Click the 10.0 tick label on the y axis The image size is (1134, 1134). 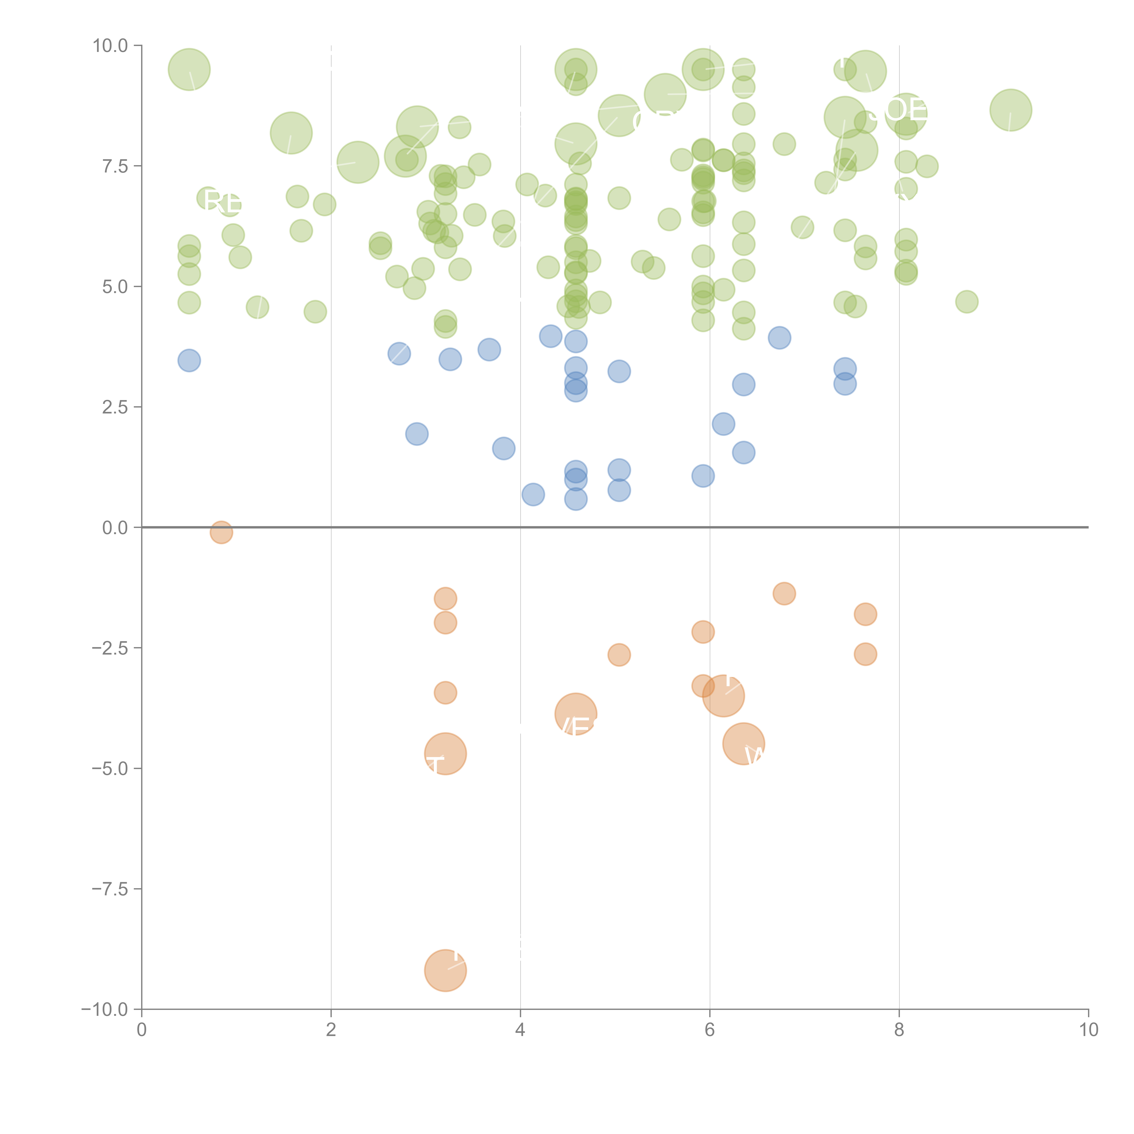[110, 46]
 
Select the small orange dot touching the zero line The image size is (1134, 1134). [221, 532]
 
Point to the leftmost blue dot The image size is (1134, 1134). [189, 360]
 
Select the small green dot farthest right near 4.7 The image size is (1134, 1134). [967, 302]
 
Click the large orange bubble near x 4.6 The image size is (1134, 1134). [576, 714]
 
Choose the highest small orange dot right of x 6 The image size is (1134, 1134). [784, 593]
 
